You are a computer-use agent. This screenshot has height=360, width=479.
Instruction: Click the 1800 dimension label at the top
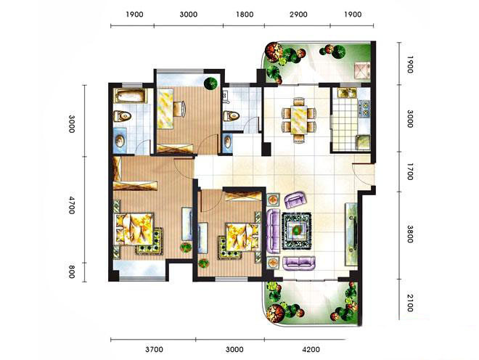245,15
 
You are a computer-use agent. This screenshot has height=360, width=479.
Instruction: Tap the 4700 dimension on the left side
71,205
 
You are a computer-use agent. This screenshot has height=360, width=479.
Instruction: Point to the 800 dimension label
71,271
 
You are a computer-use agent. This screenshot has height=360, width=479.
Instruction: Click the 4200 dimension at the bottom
311,349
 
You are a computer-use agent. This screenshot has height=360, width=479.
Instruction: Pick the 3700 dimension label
154,349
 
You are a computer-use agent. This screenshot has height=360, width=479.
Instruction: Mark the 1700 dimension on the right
410,171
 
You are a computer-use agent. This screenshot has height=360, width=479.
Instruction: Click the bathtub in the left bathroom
131,96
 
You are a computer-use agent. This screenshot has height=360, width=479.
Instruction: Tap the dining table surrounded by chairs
299,119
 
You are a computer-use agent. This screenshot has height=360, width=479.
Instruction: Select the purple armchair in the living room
295,200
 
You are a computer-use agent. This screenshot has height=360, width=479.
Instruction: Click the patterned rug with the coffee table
297,231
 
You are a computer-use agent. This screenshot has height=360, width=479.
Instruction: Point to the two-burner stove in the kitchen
365,109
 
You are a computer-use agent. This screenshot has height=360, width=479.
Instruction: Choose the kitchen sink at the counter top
347,93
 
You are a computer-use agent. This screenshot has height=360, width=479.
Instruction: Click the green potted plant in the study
210,83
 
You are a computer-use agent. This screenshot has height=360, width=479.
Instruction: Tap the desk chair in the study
179,109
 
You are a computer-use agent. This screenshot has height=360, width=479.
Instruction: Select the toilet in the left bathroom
123,116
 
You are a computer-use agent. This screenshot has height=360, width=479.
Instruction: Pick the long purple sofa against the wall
273,231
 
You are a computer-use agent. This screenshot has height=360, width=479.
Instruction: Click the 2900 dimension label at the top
298,15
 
